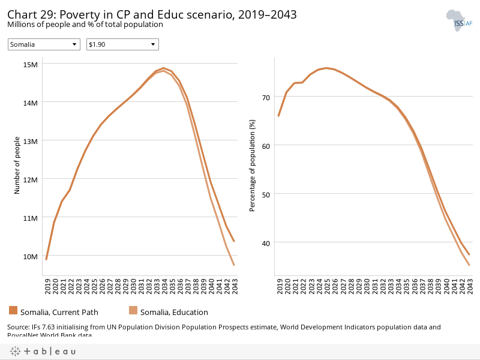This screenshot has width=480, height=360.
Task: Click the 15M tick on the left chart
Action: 30,64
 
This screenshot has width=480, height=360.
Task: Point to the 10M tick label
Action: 30,256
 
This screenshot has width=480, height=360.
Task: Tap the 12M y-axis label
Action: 30,179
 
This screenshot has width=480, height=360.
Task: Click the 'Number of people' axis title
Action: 17,165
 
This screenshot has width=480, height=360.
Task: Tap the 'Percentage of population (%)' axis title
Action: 253,165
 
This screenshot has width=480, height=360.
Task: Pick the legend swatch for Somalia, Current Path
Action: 13,310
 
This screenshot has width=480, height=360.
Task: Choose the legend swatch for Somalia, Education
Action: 133,310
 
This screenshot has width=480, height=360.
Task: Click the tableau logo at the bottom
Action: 41,352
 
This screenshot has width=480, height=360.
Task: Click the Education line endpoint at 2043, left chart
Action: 233,265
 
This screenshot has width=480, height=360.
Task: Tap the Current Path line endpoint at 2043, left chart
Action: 233,241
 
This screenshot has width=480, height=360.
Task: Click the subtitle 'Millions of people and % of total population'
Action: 85,25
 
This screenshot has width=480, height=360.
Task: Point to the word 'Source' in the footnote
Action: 19,327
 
